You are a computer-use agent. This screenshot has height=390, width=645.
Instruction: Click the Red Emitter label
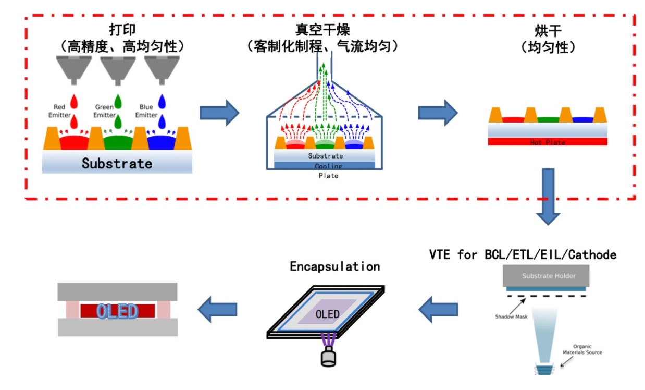tap(59, 111)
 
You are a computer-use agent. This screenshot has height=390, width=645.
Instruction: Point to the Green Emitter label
tap(104, 111)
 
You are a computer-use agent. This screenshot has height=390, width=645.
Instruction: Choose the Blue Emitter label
tap(146, 111)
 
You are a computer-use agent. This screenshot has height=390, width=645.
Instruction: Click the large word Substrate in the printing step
tap(117, 163)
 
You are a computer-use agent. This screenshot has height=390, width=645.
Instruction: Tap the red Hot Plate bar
tap(547, 142)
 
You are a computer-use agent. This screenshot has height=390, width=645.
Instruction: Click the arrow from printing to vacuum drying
tap(219, 113)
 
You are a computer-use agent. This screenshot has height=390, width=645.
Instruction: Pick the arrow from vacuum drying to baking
tap(437, 113)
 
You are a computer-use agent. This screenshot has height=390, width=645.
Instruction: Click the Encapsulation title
tap(334, 266)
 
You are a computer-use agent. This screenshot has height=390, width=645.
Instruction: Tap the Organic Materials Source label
tap(582, 349)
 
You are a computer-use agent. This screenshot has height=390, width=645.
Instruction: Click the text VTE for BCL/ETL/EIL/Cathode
tap(523, 254)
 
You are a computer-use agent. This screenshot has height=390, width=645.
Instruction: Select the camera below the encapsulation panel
tap(328, 358)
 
